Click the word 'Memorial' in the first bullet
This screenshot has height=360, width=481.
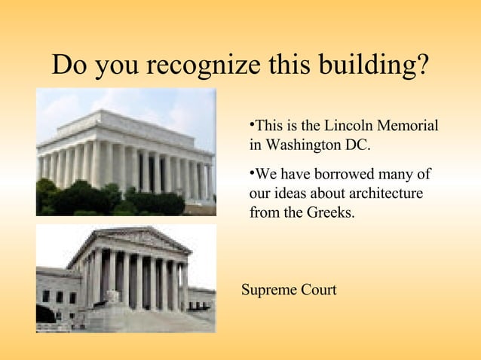pos(407,125)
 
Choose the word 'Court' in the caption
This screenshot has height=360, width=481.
pos(317,290)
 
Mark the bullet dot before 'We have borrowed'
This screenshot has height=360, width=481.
pos(252,173)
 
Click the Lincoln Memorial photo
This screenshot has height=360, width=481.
pos(126,151)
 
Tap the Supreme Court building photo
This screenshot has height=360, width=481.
pos(126,278)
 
